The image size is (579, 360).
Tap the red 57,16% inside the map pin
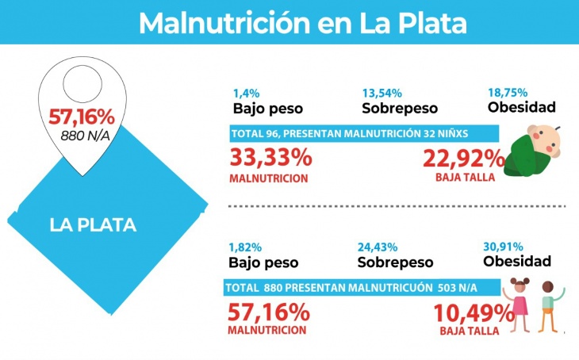pos(82,117)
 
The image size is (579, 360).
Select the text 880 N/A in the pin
pos(82,135)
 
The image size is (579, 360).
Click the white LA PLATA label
pos(93,224)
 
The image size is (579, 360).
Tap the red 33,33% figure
pos(270,158)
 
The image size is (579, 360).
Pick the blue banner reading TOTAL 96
pos(364,133)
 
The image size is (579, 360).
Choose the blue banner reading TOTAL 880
pos(362,288)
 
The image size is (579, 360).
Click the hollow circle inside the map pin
pos(82,80)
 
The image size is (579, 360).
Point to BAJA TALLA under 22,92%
pos(465,178)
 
